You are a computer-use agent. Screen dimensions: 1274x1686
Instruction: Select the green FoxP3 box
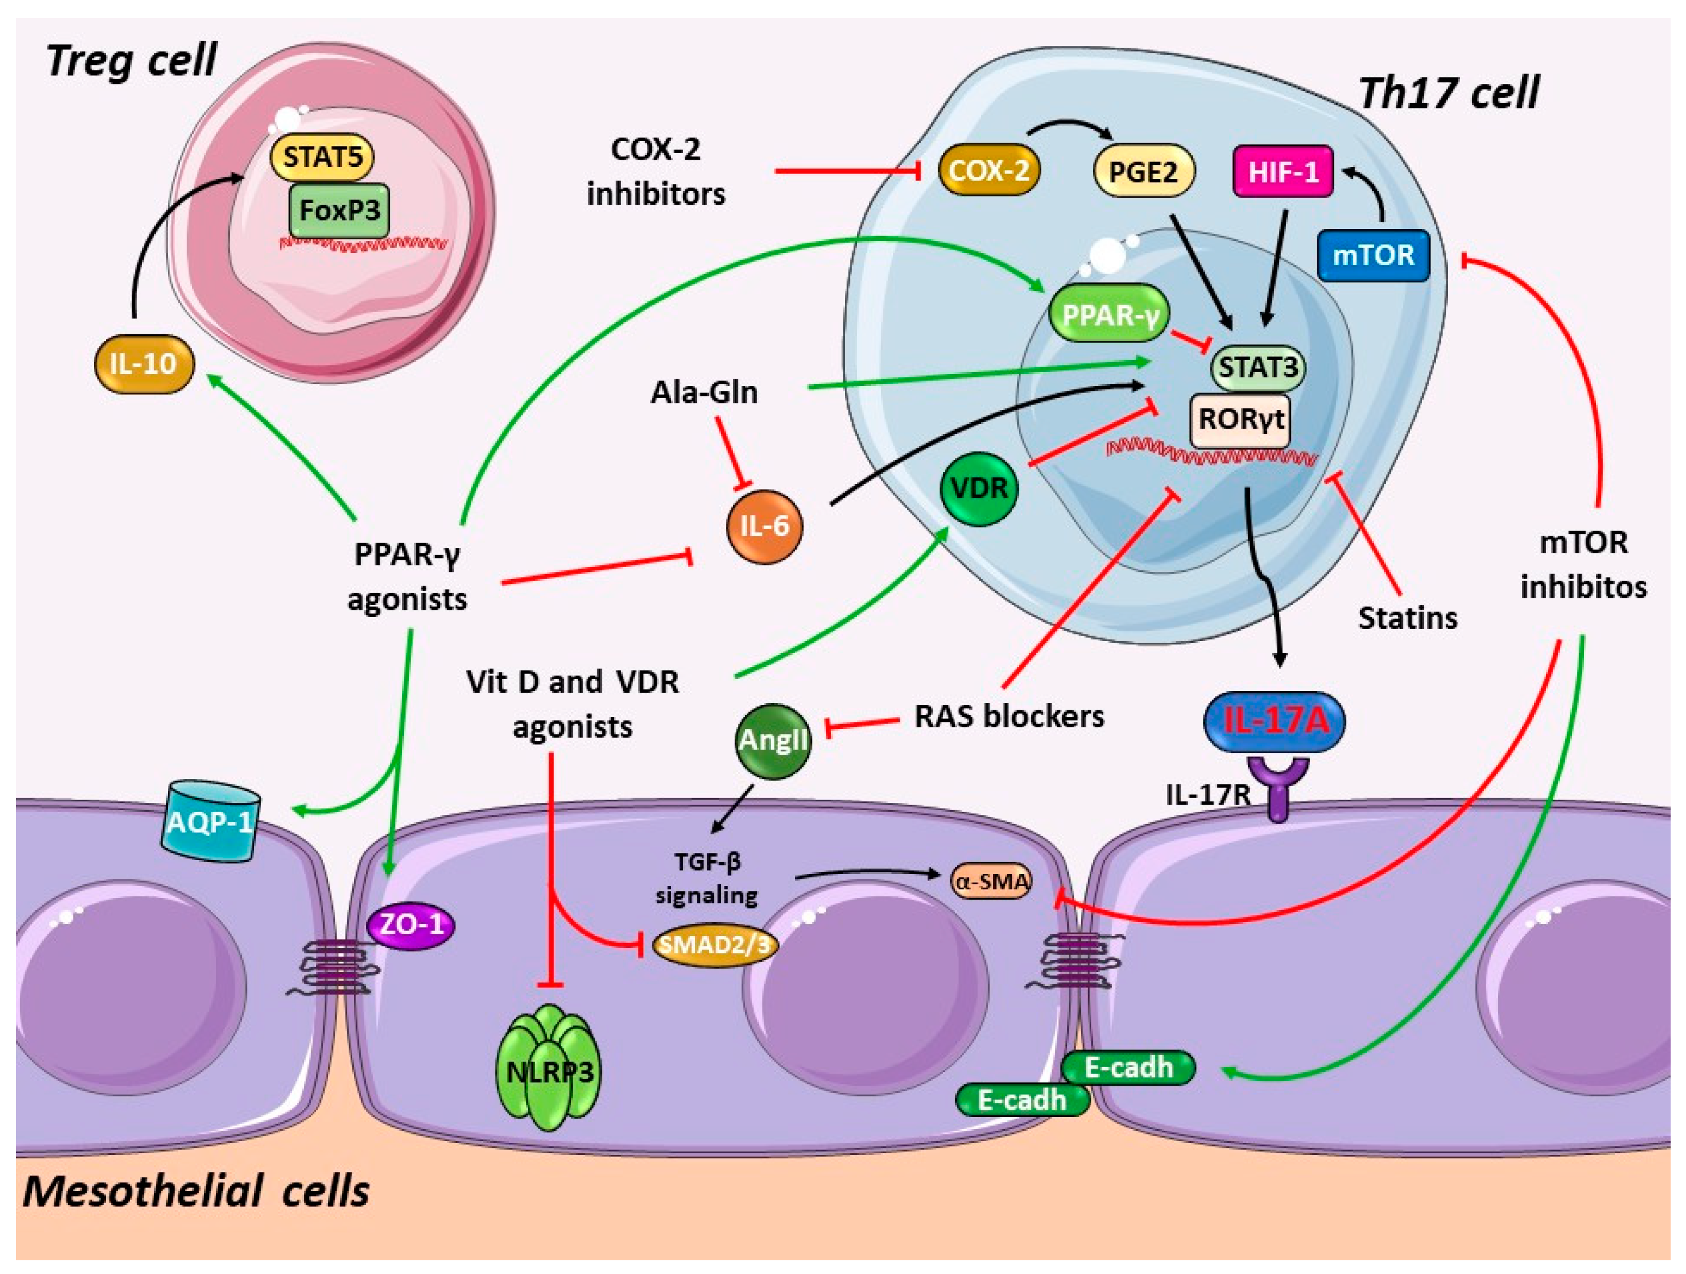coord(339,210)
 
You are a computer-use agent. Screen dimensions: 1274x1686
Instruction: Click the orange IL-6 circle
coord(764,525)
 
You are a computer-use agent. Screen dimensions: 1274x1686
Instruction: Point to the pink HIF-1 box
coord(1283,172)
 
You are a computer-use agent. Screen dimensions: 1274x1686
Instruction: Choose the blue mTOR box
coord(1373,255)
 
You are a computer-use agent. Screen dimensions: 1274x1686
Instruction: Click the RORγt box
coord(1240,419)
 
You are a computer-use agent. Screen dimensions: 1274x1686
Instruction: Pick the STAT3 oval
coord(1258,367)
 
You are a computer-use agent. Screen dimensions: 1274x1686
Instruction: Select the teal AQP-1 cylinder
coord(210,822)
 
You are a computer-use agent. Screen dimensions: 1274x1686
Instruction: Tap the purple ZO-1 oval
coord(411,925)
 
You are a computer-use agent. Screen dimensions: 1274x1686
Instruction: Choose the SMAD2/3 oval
coord(715,945)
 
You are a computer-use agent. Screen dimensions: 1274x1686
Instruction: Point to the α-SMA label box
coord(991,882)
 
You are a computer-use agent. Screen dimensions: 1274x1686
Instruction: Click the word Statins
coord(1407,618)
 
